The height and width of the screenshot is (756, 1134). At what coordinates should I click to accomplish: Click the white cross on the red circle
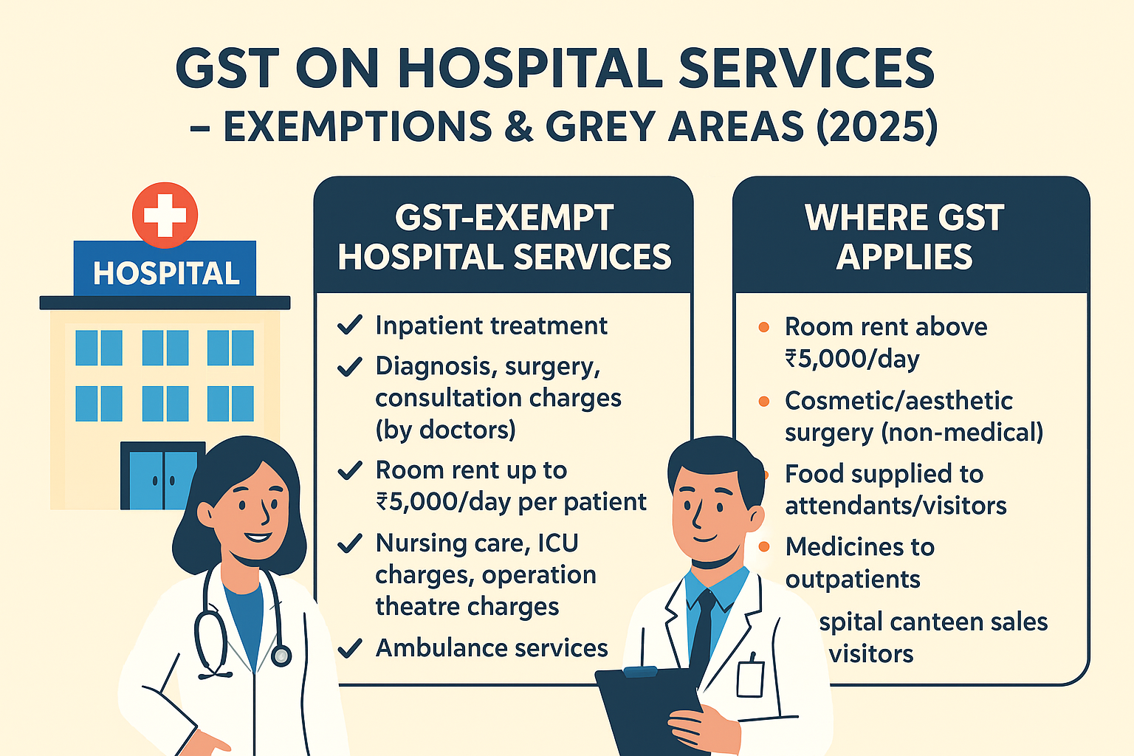point(165,215)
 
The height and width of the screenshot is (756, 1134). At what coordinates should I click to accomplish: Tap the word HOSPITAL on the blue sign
point(166,273)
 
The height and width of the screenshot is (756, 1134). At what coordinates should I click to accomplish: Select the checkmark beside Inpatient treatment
point(349,325)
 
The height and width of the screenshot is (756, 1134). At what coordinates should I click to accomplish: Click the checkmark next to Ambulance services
point(349,648)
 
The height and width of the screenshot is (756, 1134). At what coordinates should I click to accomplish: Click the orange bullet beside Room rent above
point(764,326)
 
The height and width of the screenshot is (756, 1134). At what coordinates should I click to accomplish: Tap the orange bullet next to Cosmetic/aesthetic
point(764,401)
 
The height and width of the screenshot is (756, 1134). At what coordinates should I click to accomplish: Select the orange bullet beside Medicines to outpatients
point(764,547)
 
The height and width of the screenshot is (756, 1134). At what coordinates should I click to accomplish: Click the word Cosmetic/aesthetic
point(898,401)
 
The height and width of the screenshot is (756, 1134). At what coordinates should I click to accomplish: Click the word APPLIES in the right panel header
point(904,257)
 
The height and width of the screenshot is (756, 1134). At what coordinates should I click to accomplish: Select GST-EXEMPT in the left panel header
point(504,218)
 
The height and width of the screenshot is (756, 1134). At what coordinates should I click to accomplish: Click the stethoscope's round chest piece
point(281,655)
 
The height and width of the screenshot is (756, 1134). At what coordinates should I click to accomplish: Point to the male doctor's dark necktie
point(702,628)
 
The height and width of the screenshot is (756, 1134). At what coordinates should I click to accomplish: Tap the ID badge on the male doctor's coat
point(749,677)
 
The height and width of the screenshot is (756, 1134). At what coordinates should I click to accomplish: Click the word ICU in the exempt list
point(557,543)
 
